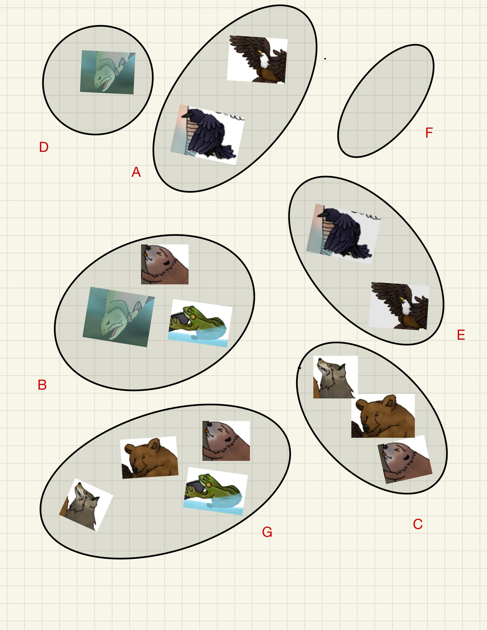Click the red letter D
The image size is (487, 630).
click(44, 147)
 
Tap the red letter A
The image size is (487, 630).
click(136, 172)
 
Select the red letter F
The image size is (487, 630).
click(429, 133)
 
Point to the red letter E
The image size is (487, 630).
click(461, 335)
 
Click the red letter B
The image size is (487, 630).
click(42, 385)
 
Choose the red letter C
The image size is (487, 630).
click(418, 524)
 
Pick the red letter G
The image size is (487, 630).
click(267, 532)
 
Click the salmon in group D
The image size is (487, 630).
click(108, 72)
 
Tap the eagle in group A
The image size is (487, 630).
click(257, 60)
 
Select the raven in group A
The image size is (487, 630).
click(208, 135)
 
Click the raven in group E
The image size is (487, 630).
click(343, 234)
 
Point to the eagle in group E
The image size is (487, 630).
click(399, 306)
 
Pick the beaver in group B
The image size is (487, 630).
click(165, 264)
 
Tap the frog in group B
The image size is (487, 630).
click(200, 323)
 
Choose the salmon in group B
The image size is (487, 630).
click(119, 317)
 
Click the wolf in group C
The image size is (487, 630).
click(335, 377)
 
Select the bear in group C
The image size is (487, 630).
click(383, 416)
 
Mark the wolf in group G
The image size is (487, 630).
click(86, 505)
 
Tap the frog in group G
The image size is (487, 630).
click(216, 491)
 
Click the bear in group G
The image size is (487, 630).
click(149, 457)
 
